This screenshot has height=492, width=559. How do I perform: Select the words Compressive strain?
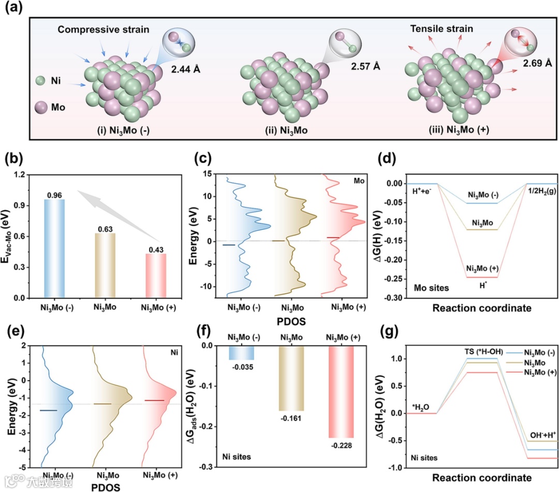[x=104, y=30]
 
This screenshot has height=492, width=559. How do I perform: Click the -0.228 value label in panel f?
[x=342, y=444]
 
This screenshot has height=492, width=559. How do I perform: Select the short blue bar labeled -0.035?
[x=241, y=353]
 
